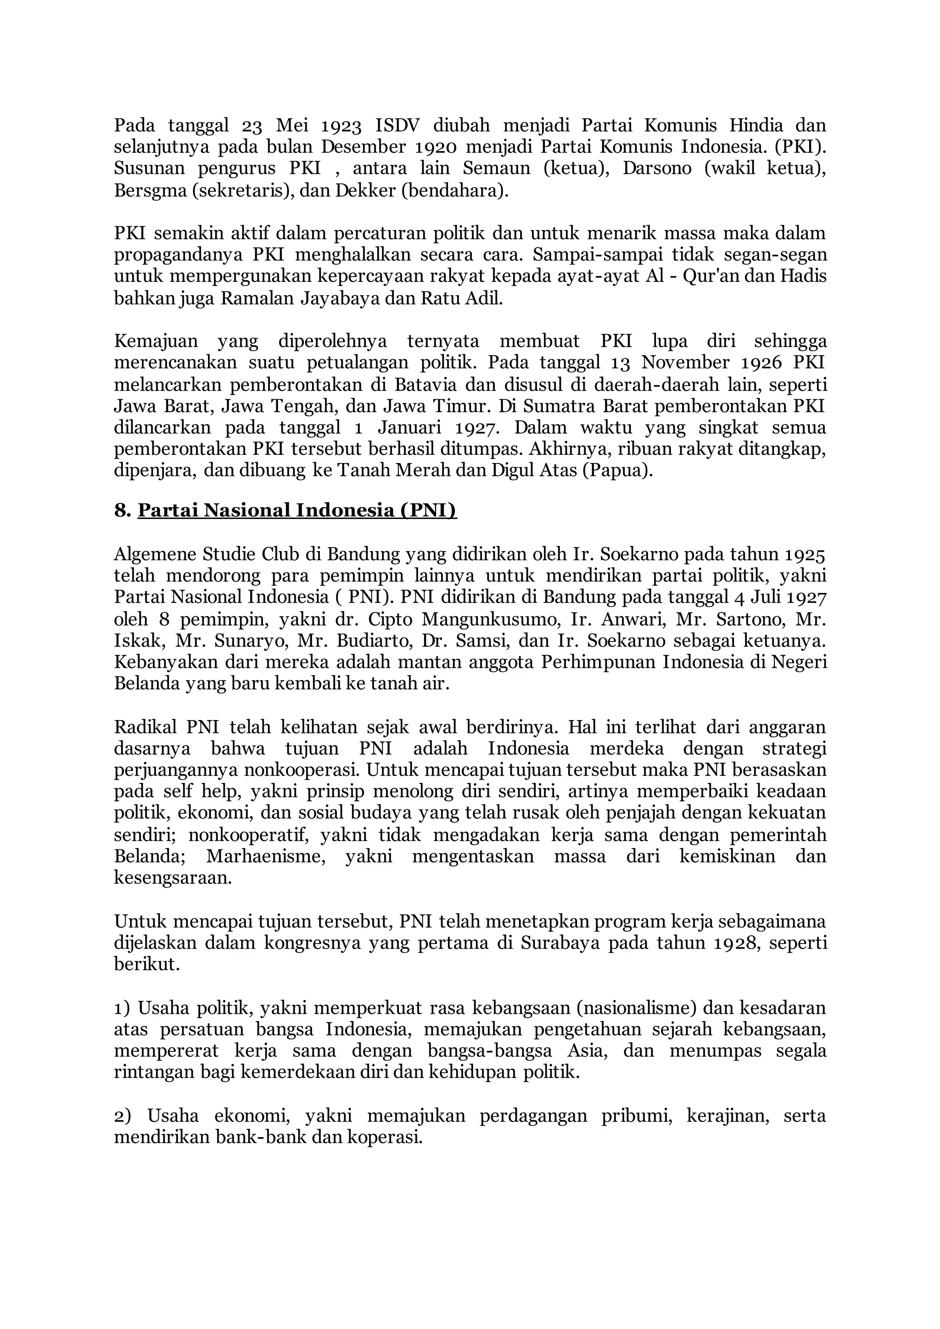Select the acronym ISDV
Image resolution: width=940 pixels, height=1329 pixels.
click(x=397, y=125)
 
